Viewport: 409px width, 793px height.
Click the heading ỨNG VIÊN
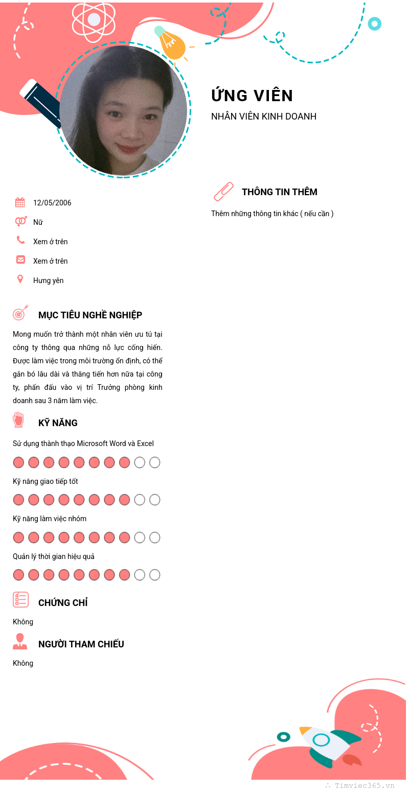click(252, 96)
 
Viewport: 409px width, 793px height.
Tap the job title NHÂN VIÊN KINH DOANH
click(264, 116)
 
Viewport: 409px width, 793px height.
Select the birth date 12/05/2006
click(52, 203)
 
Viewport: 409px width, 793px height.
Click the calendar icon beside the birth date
click(20, 202)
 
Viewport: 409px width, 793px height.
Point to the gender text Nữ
click(38, 222)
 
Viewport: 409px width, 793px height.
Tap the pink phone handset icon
click(20, 240)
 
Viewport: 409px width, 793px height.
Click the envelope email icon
click(20, 260)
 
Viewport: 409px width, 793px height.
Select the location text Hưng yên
click(49, 281)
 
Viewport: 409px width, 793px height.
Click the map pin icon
click(20, 279)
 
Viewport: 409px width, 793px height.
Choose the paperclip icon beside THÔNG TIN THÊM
click(223, 192)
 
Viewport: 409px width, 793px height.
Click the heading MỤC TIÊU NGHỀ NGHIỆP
click(90, 315)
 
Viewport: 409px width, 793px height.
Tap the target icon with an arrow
click(20, 313)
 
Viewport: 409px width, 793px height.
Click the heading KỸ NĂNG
click(58, 423)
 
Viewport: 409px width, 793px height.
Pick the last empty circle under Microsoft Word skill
click(155, 462)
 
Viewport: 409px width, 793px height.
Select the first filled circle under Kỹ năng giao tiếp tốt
click(18, 500)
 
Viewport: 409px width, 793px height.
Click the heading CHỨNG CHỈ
click(63, 603)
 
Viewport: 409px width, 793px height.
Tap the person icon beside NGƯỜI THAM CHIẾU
click(20, 641)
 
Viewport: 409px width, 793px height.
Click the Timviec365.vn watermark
click(364, 786)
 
